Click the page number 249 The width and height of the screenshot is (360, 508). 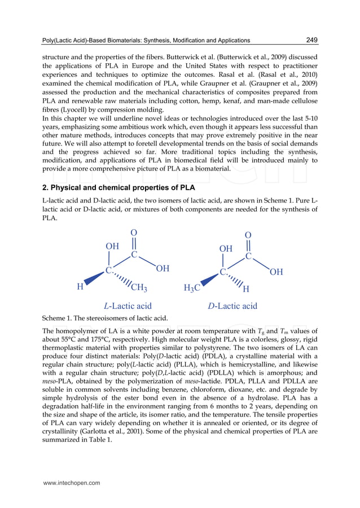tap(311, 40)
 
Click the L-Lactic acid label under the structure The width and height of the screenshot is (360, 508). tap(128, 306)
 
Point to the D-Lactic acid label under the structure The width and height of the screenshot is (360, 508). tap(232, 306)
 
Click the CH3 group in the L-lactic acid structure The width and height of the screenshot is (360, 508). tap(139, 289)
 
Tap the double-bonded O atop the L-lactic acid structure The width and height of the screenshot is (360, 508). tap(134, 233)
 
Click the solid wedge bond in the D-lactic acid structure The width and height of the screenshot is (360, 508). tap(210, 280)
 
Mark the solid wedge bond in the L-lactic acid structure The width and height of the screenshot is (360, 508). tap(97, 279)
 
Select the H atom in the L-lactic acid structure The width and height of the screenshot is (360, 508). tap(81, 287)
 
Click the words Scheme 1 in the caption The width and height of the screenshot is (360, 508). tap(58, 318)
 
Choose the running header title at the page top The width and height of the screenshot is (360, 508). tap(146, 41)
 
